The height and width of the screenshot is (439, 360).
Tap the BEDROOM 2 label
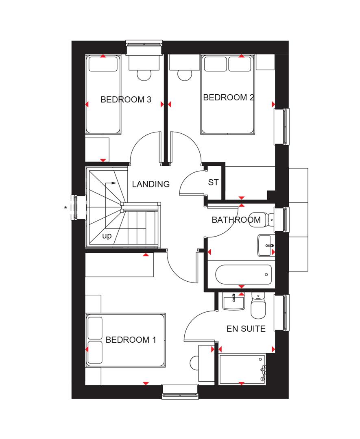(x=229, y=98)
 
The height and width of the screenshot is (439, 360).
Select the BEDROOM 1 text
(x=130, y=340)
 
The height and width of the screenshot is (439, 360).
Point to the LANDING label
(x=151, y=184)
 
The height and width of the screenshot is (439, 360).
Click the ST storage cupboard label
(x=213, y=183)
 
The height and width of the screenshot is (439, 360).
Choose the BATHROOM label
(x=236, y=220)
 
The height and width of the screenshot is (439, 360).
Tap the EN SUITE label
(x=247, y=328)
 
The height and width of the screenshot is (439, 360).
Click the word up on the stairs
(x=107, y=235)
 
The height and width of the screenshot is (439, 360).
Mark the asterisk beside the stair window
(x=65, y=209)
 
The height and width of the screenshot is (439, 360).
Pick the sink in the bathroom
(x=266, y=245)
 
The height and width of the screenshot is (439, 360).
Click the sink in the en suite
(x=233, y=302)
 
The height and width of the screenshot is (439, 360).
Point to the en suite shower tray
(x=242, y=369)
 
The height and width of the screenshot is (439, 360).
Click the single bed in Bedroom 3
(x=103, y=94)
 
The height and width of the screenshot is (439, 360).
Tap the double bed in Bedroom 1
(x=125, y=340)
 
